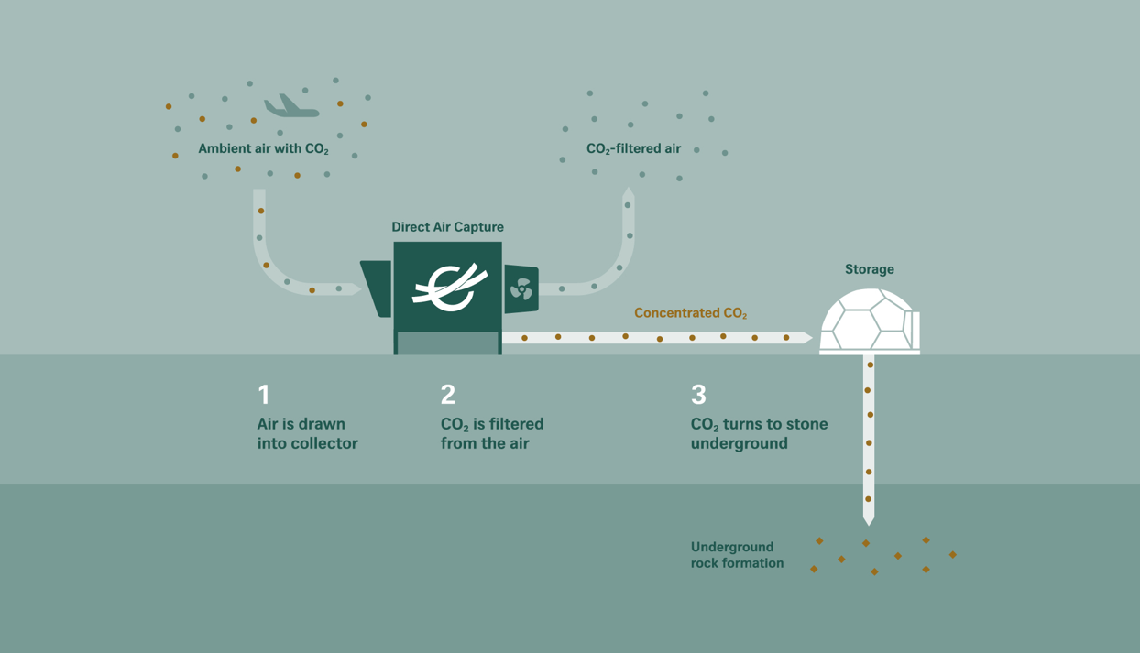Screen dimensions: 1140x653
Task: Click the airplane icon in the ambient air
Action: coord(291,106)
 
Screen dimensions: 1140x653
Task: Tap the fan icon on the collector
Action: coord(521,289)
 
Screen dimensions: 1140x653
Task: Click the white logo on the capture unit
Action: coord(449,288)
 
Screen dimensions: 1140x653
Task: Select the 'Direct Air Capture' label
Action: coord(447,227)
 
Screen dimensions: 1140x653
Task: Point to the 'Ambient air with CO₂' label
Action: coord(263,149)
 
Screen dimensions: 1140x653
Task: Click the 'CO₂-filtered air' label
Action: coord(633,149)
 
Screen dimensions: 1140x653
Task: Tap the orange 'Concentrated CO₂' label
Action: coord(691,313)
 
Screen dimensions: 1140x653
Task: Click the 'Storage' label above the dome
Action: coord(870,269)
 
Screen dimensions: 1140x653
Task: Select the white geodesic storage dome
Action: coord(870,321)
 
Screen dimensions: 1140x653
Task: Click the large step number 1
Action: coord(264,395)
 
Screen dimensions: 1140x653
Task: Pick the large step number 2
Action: coord(448,395)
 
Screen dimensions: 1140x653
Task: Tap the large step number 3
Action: coord(699,395)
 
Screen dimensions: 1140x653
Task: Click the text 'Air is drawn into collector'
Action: coord(307,434)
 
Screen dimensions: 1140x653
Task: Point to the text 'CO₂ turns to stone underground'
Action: coord(760,434)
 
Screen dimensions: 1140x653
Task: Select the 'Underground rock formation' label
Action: coord(737,555)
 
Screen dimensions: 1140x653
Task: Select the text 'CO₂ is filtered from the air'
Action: coord(492,434)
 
